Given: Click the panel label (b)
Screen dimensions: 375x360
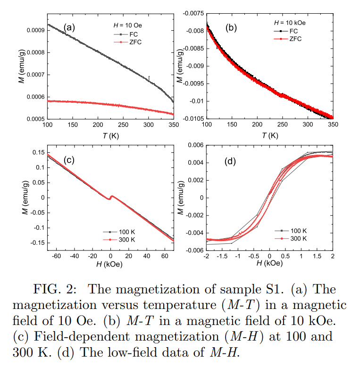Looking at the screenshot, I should pos(231,27).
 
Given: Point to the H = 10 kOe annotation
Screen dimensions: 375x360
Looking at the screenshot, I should pos(292,22).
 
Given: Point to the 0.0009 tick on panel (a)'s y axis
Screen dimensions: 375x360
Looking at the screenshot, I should pos(34,30).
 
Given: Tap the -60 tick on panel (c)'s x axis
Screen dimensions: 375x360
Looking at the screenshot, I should pos(56,256).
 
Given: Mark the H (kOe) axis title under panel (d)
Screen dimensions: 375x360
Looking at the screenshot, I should pos(269,264).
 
